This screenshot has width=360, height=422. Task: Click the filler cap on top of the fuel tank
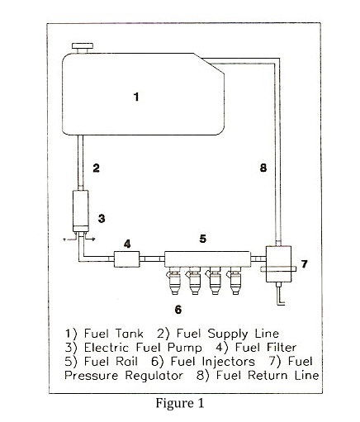(82, 48)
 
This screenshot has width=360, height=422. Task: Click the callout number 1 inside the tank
(136, 97)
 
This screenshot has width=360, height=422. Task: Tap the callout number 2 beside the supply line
(96, 168)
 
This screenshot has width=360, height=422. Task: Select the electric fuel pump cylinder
(81, 211)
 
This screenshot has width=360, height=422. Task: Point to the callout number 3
(102, 219)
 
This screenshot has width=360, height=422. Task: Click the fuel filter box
(126, 258)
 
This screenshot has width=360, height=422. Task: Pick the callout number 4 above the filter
(127, 244)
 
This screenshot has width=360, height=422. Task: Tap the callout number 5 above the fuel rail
(203, 239)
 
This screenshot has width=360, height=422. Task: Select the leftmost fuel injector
(174, 281)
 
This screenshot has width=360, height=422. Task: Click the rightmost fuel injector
(234, 281)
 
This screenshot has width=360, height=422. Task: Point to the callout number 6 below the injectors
(178, 310)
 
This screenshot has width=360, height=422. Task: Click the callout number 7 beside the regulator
(304, 264)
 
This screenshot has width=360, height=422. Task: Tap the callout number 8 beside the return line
(263, 168)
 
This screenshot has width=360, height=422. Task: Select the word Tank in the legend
(129, 334)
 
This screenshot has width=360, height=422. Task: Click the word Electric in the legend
(107, 348)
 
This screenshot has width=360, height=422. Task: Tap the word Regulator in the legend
(154, 376)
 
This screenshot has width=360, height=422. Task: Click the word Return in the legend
(268, 375)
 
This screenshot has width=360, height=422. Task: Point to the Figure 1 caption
(180, 404)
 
